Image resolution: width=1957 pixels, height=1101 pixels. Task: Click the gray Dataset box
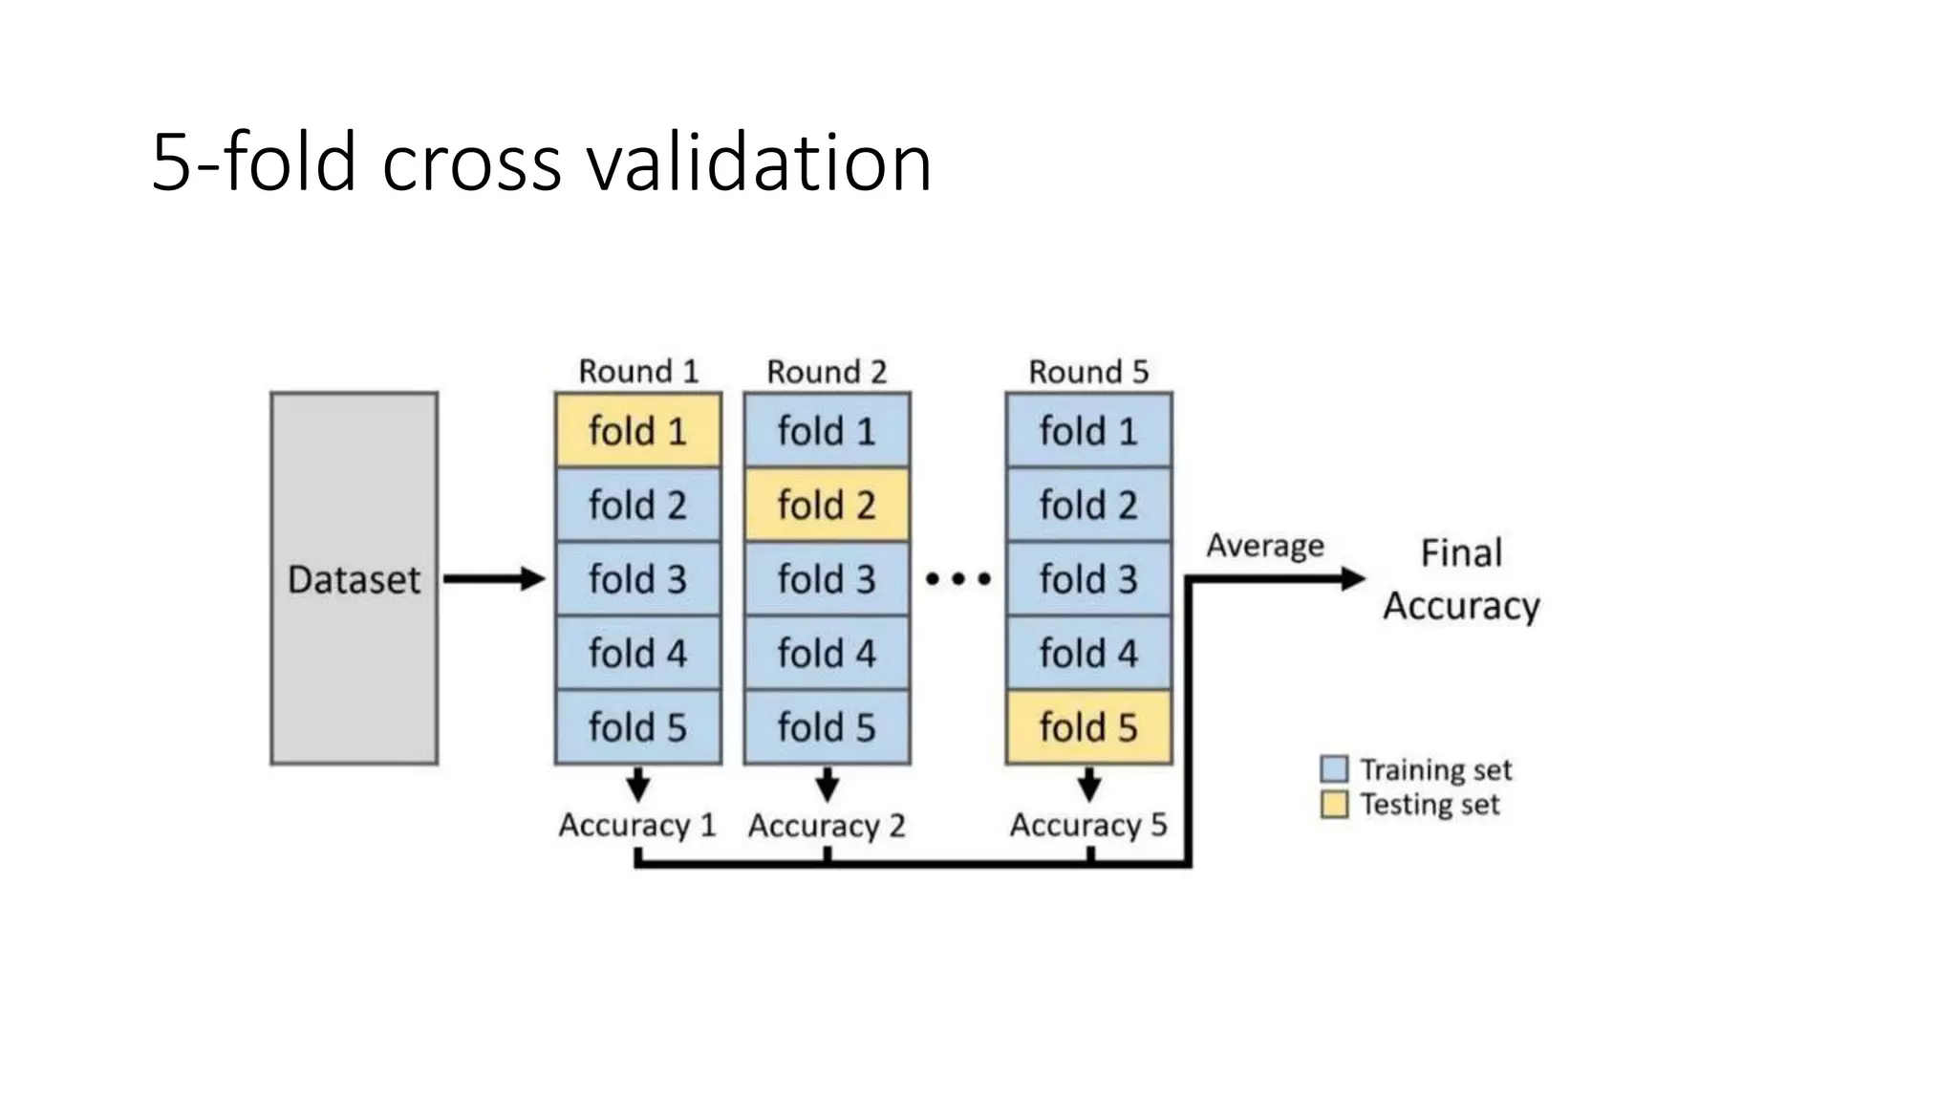[354, 578]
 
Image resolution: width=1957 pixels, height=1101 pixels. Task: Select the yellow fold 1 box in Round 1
[637, 430]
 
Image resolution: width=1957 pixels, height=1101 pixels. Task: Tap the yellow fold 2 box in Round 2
[827, 505]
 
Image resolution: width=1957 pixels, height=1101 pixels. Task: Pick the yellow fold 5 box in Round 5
[1088, 727]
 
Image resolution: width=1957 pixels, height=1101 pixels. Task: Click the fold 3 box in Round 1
[637, 578]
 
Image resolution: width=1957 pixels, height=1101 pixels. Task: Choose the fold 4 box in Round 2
[827, 653]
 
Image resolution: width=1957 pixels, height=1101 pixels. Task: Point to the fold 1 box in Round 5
[1088, 430]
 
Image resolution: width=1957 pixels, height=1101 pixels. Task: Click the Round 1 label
[638, 371]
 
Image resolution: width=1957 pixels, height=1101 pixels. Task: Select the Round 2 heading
[827, 371]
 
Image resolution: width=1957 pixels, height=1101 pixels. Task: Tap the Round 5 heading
[1088, 371]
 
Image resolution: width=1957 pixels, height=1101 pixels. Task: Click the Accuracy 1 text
[637, 825]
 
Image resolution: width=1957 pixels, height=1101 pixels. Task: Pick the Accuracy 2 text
[827, 825]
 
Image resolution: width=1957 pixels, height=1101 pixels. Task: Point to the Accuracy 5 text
[1088, 825]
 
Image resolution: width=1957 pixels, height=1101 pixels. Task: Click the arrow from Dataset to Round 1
[493, 578]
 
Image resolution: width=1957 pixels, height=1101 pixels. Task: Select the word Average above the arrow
[1265, 546]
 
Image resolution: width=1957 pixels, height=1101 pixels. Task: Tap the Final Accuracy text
[1461, 579]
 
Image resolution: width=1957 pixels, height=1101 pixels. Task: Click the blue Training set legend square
[1334, 769]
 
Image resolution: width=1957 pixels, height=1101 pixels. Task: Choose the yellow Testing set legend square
[1334, 804]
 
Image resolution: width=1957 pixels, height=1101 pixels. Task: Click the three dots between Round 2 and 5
[957, 578]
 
